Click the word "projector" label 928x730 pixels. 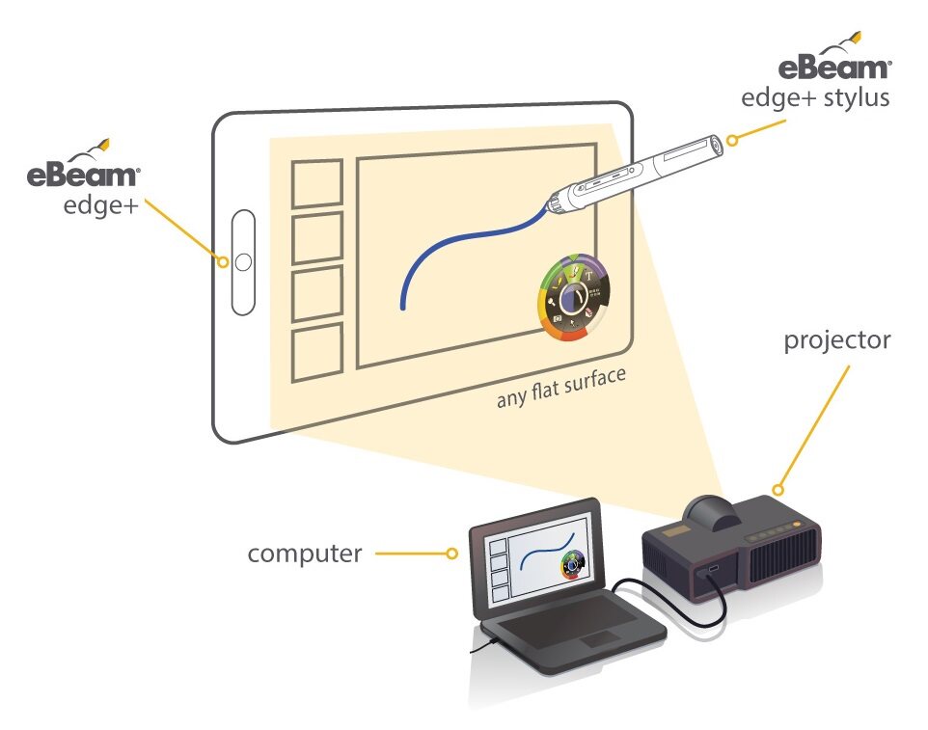[837, 341]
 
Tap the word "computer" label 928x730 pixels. [305, 554]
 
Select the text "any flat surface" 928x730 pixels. [561, 388]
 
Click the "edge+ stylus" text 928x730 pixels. [815, 98]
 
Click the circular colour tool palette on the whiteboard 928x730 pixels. [574, 298]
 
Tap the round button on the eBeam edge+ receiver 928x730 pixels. [243, 262]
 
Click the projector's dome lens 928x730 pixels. [711, 513]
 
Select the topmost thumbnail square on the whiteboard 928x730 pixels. [317, 183]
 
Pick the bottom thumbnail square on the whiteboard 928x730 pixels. [317, 353]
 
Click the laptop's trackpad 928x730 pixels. [599, 639]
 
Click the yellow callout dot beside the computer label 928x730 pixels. [451, 554]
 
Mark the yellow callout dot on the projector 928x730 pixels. [778, 490]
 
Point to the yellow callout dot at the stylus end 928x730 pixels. [732, 140]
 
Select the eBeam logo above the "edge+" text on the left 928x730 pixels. [84, 164]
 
